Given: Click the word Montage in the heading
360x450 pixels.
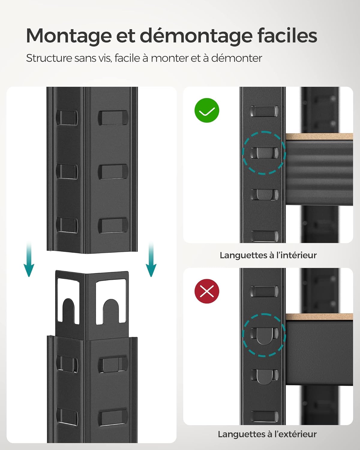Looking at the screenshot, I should [x=69, y=36].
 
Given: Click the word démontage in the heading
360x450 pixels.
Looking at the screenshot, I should [x=196, y=36].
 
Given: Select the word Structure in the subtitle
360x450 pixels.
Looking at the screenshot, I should [x=49, y=58].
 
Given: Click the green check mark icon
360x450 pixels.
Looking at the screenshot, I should [x=207, y=110].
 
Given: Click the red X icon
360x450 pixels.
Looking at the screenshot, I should [x=207, y=291].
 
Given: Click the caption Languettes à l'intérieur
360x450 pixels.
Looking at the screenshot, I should [x=268, y=255].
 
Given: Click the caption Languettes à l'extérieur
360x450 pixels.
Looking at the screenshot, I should [x=267, y=434].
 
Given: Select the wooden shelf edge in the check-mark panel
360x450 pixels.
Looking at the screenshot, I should [x=319, y=137].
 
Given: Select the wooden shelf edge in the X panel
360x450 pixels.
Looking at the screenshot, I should [x=319, y=317].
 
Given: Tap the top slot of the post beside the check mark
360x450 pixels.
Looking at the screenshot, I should [x=264, y=111].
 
